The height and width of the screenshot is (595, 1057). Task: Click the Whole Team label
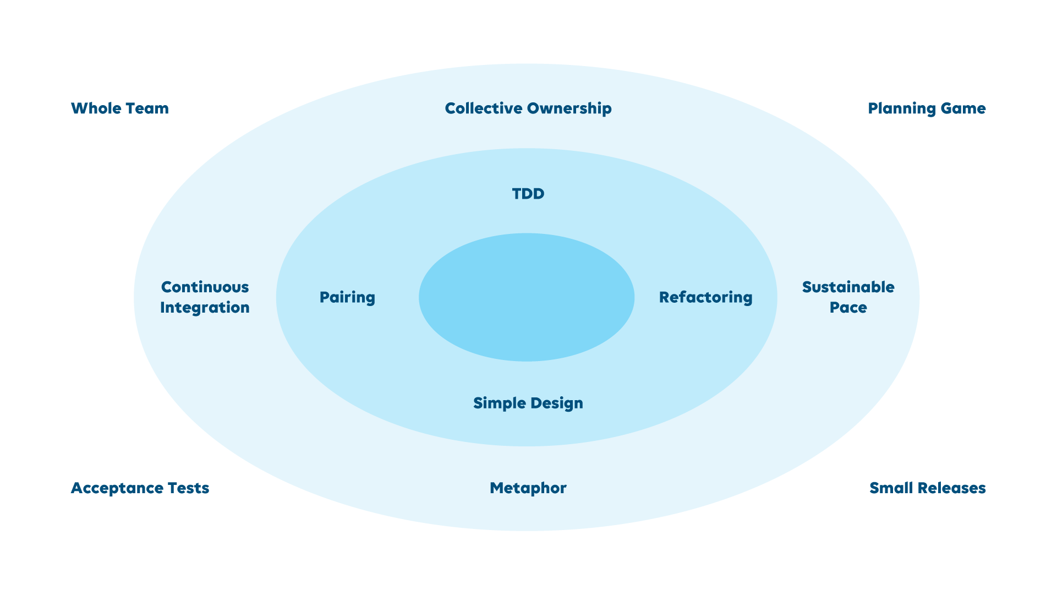120,108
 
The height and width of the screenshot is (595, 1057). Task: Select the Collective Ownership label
528,108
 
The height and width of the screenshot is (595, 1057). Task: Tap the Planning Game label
927,108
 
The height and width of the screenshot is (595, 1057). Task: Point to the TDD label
528,194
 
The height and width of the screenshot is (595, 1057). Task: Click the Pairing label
347,297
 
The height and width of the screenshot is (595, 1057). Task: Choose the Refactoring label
705,297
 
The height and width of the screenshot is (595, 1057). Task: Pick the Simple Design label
528,403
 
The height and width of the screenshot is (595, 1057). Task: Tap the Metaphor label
528,488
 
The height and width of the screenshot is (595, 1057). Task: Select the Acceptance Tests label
140,488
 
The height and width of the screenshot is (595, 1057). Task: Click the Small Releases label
927,488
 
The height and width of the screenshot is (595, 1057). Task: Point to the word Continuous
205,287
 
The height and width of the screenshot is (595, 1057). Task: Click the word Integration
205,308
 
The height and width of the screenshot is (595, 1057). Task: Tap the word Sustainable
848,287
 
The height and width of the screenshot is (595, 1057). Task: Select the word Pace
848,308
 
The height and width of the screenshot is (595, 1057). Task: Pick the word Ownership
569,108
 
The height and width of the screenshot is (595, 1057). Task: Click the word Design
556,403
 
